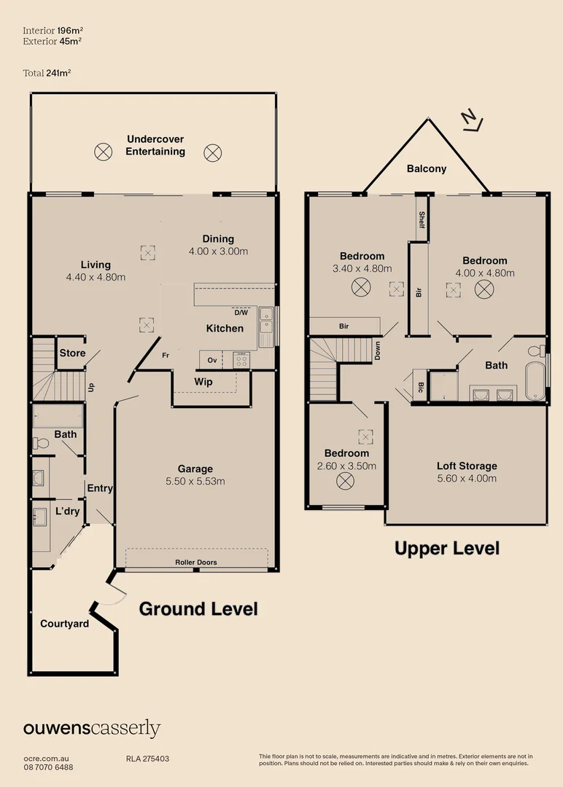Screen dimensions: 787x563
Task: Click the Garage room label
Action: tap(195, 469)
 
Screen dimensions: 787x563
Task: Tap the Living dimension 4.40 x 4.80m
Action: tap(96, 277)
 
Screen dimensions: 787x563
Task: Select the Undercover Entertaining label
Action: tap(155, 146)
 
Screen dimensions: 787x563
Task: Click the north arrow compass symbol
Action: tap(473, 122)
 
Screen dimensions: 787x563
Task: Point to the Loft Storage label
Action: tap(467, 466)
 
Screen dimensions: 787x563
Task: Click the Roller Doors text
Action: tap(195, 563)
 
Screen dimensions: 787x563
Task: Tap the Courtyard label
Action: tap(64, 624)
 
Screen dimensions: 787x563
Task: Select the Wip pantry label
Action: tap(203, 381)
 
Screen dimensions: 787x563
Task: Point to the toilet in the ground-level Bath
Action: tap(42, 443)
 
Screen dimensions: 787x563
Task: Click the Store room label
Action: tap(72, 353)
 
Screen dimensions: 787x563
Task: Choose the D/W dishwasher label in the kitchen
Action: tap(241, 313)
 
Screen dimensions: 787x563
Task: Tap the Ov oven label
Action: tap(212, 360)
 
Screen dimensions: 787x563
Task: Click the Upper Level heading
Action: tap(447, 548)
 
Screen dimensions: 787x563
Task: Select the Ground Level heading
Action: tap(198, 608)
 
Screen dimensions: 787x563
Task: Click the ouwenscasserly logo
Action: tap(92, 728)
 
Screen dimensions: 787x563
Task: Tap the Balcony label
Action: tap(427, 168)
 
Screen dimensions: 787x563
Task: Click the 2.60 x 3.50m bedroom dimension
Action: tap(346, 466)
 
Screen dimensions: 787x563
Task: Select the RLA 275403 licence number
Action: tap(147, 759)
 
